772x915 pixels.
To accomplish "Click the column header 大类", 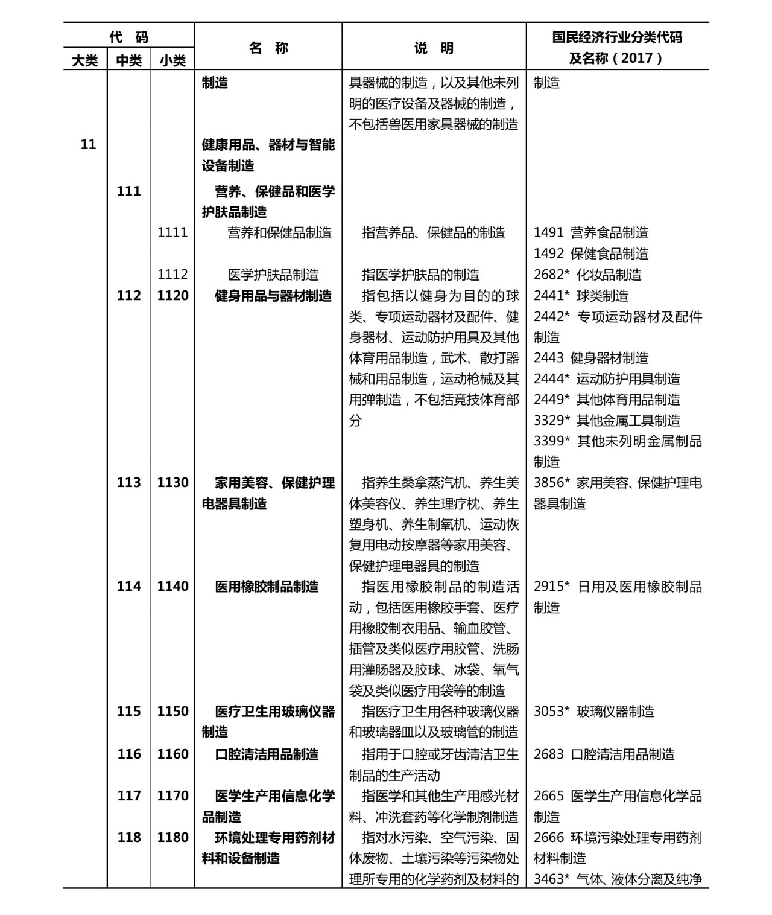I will [x=85, y=60].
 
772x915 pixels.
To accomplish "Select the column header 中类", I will [x=129, y=60].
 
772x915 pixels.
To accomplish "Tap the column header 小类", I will [x=172, y=60].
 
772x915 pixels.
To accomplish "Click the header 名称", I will [x=268, y=48].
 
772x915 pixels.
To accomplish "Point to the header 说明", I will [x=434, y=48].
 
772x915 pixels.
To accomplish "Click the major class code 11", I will [x=88, y=144].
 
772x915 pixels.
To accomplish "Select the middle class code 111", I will [x=129, y=191].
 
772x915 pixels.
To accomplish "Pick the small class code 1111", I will [x=172, y=233].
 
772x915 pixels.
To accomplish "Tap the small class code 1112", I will [x=172, y=275].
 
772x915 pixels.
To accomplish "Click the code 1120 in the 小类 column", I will [x=172, y=296].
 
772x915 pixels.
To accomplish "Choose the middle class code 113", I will [x=129, y=483].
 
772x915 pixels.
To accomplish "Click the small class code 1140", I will [x=172, y=587].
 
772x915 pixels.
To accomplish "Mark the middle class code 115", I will [x=129, y=712].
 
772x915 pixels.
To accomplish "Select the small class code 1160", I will [x=172, y=754].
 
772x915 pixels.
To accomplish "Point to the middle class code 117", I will [x=129, y=796].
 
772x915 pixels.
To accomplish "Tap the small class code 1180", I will [x=172, y=838].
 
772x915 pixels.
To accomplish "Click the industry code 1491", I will [x=548, y=233].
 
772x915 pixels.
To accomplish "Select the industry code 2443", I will [x=548, y=358].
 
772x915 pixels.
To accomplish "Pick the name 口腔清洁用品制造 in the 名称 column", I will [x=267, y=754].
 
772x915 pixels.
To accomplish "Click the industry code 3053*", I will [x=551, y=712].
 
